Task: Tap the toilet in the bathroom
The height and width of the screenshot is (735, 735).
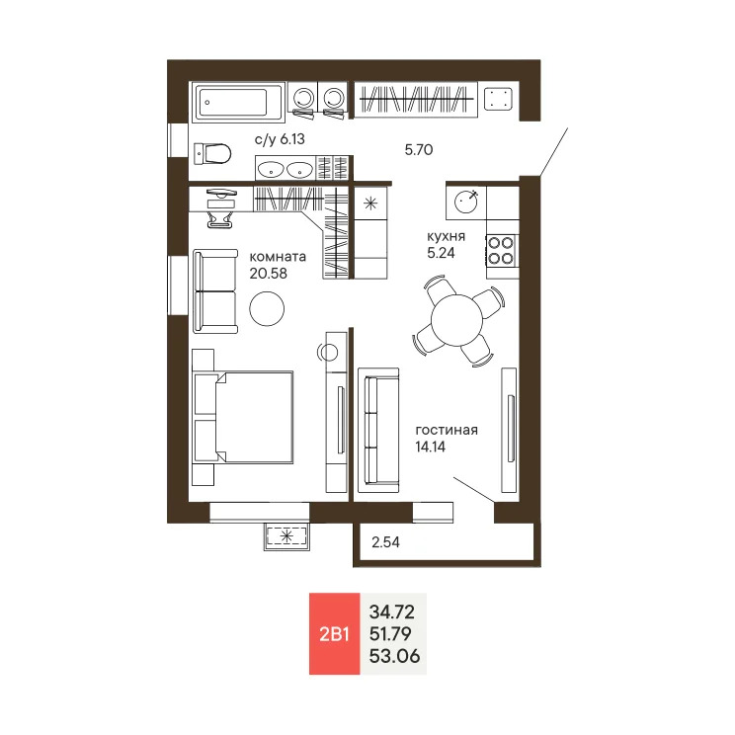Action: pos(212,153)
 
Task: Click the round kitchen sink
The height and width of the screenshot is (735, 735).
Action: pos(466,203)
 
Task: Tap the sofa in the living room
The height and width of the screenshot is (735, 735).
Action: pos(376,431)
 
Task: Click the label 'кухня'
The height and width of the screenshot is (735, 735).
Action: pos(446,238)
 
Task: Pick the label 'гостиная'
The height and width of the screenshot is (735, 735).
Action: pos(447,430)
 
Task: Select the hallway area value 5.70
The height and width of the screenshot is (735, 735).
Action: pos(420,150)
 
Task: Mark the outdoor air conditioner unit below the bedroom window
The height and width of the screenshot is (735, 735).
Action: pos(286,536)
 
